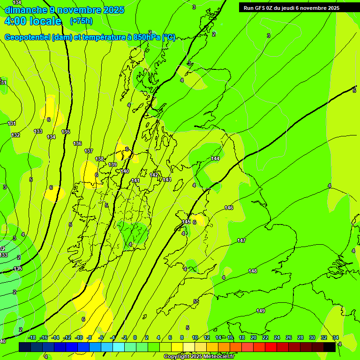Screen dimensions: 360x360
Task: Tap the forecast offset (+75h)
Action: [x=81, y=21]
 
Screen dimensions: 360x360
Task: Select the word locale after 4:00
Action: [x=45, y=21]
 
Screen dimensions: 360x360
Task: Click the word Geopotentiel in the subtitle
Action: [x=28, y=37]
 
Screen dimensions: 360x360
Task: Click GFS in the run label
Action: [x=261, y=8]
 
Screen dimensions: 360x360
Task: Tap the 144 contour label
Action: [x=215, y=158]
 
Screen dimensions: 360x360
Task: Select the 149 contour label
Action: [x=261, y=311]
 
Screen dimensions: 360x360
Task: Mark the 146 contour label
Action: [x=229, y=208]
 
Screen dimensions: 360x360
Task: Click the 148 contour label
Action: [x=253, y=271]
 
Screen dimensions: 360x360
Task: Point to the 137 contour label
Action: [x=89, y=151]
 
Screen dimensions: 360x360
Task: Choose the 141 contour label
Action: [x=135, y=180]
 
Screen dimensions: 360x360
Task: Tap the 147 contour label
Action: [x=241, y=240]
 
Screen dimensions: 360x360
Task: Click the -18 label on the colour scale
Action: [x=32, y=337]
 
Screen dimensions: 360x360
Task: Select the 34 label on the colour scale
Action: [x=336, y=337]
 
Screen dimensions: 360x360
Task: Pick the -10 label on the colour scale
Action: [x=79, y=337]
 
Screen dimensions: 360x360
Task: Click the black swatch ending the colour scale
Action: [x=330, y=347]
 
